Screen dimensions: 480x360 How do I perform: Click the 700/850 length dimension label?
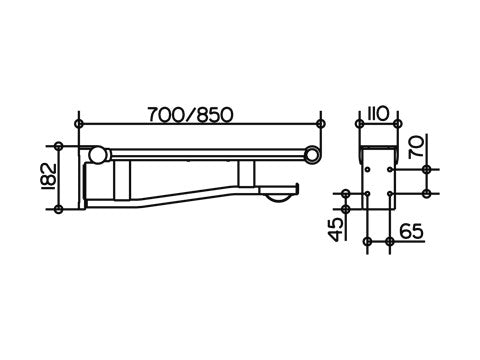(190, 115)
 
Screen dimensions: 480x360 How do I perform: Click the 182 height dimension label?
(51, 177)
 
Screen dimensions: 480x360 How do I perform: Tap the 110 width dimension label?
(378, 114)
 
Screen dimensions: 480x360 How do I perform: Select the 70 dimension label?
(416, 147)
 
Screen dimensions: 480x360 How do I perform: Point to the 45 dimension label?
(337, 229)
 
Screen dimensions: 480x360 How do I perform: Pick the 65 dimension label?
(411, 231)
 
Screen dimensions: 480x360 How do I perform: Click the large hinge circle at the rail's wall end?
(97, 155)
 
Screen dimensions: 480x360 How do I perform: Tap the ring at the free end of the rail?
(313, 153)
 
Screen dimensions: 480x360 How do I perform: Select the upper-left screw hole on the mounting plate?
(367, 170)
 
